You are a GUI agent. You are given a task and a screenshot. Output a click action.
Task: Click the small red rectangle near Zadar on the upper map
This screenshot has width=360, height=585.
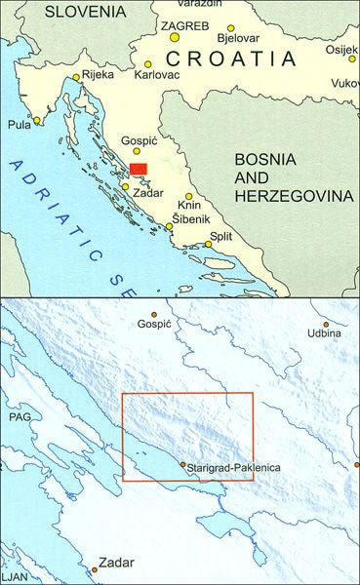[x=139, y=170]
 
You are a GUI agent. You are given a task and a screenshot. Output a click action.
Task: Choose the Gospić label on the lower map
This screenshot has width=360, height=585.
[x=156, y=323]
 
